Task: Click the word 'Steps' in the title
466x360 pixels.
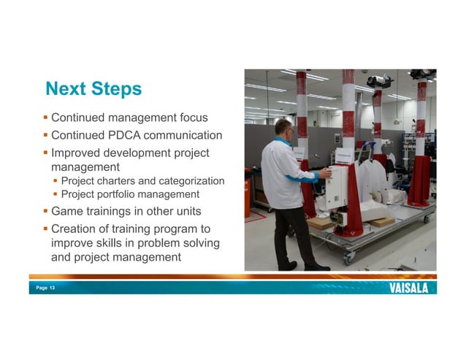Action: [x=115, y=89]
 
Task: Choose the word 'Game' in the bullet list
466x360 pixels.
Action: [x=66, y=211]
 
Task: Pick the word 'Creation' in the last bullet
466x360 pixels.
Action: [x=75, y=229]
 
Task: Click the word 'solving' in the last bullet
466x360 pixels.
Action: [x=201, y=242]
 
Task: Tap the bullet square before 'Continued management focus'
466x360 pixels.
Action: [x=45, y=117]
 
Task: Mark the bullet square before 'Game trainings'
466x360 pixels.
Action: [x=45, y=211]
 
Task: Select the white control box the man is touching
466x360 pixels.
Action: [x=337, y=186]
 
